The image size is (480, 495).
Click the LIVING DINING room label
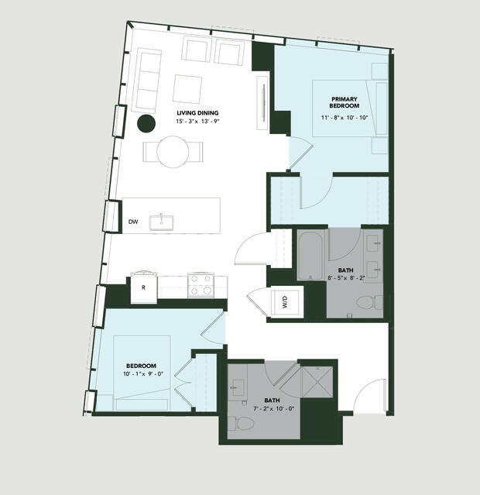pos(197,112)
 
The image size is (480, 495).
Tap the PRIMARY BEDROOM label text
pos(345,102)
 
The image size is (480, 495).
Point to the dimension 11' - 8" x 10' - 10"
pos(345,118)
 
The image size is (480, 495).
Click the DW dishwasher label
pos(133,222)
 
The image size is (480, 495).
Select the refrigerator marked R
pos(144,287)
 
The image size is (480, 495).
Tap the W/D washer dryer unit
pos(285,301)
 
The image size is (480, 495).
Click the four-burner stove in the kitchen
pos(201,285)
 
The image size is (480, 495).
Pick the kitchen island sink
pos(161,222)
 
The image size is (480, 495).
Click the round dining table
pos(173,152)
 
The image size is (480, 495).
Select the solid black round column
pos(146,123)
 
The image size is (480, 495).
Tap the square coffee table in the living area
pos(187,88)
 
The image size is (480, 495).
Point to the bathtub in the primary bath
pos(311,255)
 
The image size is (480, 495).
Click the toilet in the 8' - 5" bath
pos(370,302)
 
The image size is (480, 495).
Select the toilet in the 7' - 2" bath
pos(241,423)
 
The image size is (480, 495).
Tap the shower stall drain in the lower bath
pos(317,382)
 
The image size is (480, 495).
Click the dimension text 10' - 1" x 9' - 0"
pos(143,374)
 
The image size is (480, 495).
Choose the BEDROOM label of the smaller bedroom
pos(141,366)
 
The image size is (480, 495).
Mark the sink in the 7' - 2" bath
pos(238,387)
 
